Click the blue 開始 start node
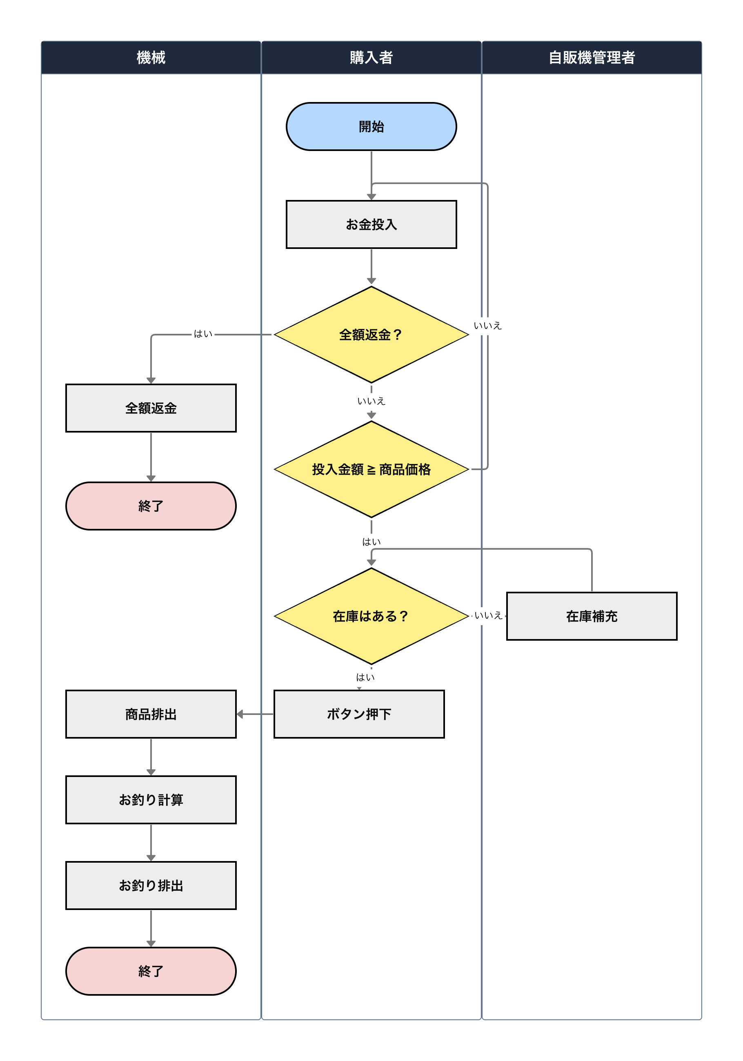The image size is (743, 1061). [371, 127]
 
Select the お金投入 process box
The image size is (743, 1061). [371, 224]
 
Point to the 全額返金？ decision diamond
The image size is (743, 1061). [371, 335]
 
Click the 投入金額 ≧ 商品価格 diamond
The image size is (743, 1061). [371, 470]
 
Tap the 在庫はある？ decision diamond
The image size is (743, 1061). [371, 616]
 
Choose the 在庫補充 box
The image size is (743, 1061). [592, 616]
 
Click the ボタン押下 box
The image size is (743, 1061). [359, 714]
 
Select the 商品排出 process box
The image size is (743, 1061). [151, 714]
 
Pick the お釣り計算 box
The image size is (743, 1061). [151, 799]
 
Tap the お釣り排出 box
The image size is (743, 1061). [151, 886]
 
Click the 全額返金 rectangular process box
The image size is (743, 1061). [151, 408]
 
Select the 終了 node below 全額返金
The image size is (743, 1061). [151, 506]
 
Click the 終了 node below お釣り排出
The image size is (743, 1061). [151, 971]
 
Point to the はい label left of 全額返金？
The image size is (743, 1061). [203, 334]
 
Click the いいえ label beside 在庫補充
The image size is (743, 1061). [488, 615]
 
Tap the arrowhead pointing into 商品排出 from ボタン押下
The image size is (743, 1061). [240, 714]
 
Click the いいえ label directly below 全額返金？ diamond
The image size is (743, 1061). [371, 401]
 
